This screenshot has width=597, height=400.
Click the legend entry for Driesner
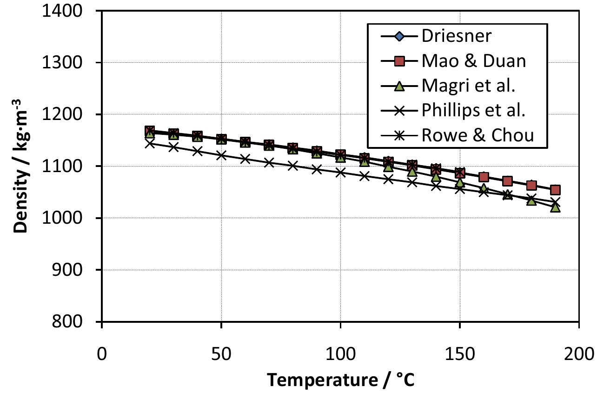[450, 35]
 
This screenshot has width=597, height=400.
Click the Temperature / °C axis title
[340, 380]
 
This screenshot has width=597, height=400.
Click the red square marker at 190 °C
[555, 190]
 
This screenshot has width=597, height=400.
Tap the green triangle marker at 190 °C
[555, 207]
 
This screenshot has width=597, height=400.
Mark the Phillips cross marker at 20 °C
[149, 143]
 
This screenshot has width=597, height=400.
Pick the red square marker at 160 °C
[484, 177]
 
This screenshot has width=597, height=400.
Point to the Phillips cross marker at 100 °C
[340, 172]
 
